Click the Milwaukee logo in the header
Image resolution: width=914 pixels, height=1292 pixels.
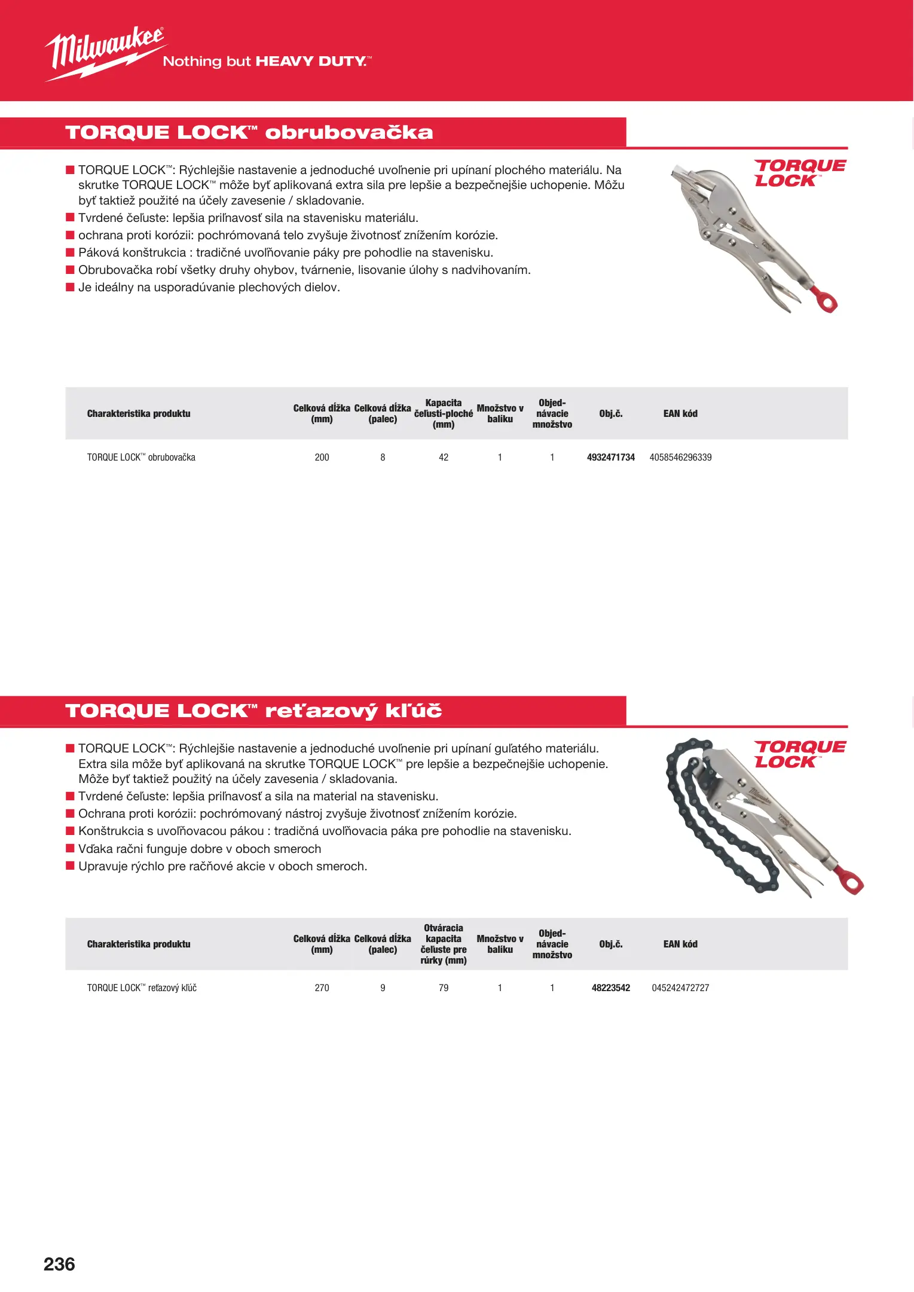point(105,53)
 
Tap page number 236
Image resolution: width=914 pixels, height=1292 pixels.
point(59,1264)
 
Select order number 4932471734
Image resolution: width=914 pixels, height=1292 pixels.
point(610,458)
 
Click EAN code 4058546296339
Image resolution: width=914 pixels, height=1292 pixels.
point(680,458)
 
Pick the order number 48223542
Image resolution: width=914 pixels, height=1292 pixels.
point(610,988)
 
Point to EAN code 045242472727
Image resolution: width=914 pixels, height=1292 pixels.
point(680,988)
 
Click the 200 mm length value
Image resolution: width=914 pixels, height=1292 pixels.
point(322,458)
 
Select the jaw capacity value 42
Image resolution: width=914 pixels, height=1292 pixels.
point(444,458)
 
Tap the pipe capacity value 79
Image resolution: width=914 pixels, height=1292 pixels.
point(444,988)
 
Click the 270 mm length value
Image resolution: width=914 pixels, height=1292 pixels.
point(322,988)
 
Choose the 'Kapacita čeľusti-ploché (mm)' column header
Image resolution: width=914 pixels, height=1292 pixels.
point(444,413)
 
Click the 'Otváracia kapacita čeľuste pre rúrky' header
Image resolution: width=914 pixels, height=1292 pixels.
point(444,944)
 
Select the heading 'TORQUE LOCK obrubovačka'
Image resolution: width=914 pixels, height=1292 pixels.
point(249,132)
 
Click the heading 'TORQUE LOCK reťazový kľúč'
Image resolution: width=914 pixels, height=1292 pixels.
point(253,711)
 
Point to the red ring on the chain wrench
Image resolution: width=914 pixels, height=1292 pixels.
point(851,880)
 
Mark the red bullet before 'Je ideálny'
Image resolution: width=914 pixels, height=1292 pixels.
point(70,287)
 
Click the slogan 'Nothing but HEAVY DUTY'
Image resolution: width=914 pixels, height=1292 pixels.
point(267,61)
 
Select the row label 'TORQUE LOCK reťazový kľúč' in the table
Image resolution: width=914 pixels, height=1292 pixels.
point(142,988)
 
